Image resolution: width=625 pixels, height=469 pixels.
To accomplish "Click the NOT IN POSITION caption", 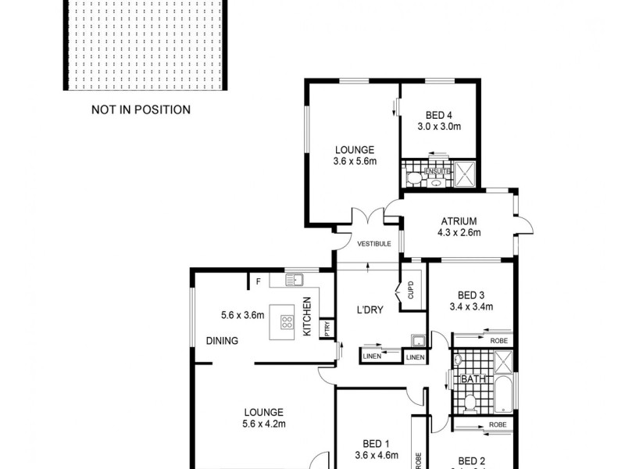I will [x=141, y=109].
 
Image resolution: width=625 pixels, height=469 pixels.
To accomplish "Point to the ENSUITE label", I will [x=436, y=170].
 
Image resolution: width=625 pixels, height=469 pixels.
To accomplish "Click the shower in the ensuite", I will [x=465, y=172].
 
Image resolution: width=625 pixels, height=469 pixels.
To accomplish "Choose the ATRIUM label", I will [x=459, y=221].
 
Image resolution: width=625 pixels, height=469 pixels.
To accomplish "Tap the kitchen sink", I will [x=295, y=280].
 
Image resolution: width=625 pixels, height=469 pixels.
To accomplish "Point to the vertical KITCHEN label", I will [x=307, y=317].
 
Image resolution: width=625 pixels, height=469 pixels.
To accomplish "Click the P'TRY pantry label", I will [x=328, y=329].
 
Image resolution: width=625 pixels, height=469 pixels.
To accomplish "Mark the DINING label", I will [x=222, y=341].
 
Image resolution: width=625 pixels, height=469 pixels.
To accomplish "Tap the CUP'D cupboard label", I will [x=411, y=291].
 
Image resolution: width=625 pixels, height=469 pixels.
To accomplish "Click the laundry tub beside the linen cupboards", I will [x=419, y=341].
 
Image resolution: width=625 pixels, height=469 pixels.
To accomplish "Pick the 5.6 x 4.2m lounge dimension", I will [x=262, y=424].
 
